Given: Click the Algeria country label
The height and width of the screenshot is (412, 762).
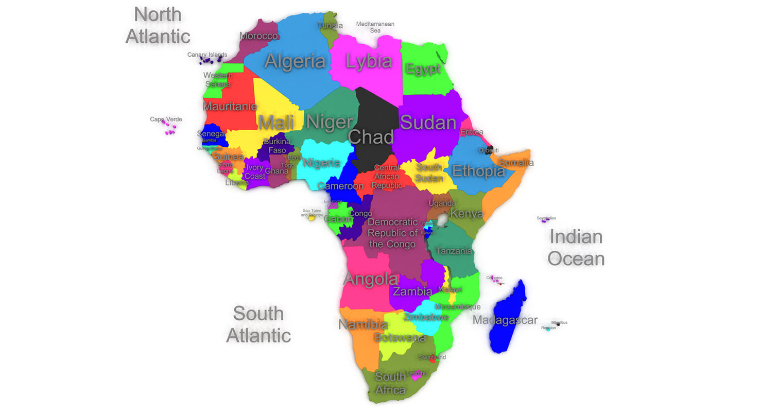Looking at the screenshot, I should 295,61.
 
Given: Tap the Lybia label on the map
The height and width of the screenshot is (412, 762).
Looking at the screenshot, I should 368,61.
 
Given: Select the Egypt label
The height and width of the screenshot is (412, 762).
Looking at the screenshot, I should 423,68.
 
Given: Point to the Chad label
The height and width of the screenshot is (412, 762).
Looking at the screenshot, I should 371,137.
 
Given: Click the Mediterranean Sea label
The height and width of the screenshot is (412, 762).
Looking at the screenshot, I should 375,27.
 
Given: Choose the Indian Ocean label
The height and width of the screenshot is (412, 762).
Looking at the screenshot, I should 576,248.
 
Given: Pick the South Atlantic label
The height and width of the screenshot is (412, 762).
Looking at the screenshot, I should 258,324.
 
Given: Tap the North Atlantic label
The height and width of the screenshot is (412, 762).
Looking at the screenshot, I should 158,25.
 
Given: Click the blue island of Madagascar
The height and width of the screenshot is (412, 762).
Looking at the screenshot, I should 508,319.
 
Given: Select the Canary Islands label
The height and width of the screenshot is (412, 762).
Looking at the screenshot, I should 207,55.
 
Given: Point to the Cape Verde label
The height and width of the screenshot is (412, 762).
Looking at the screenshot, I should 166,119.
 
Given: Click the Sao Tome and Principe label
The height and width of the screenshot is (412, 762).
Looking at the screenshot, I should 312,213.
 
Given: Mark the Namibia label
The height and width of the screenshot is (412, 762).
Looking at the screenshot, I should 363,325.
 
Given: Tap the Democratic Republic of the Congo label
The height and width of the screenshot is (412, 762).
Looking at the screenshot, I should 392,233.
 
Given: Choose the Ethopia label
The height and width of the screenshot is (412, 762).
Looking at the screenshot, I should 478,170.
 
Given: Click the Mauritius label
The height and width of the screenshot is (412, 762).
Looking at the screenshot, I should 559,323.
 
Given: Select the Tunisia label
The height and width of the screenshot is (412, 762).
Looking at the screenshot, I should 330,25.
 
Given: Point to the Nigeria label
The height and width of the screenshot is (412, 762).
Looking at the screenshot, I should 322,163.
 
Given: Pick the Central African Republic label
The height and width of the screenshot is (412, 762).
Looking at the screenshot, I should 386,177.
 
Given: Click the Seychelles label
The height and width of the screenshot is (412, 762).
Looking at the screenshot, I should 546,218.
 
